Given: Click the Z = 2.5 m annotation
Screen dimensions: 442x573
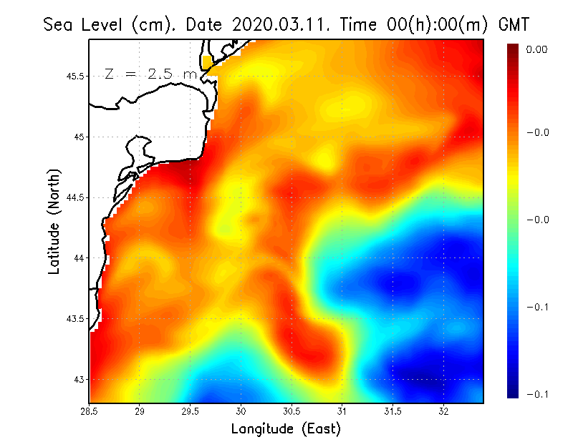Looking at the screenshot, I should click(150, 74).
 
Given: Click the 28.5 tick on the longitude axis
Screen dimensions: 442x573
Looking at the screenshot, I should click(90, 411).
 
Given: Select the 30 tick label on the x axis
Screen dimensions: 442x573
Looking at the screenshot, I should click(241, 411).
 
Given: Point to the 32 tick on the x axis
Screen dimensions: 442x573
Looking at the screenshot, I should click(444, 411).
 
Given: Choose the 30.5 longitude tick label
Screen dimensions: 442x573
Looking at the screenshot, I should click(292, 411).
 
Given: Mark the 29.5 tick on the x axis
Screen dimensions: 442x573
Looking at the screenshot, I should click(191, 411).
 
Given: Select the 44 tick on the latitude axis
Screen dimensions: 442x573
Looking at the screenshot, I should click(79, 257).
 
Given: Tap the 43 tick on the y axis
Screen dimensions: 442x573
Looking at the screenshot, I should click(79, 379).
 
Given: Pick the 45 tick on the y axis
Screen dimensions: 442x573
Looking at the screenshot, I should click(79, 137).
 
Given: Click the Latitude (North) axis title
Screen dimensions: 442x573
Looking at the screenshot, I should click(54, 221).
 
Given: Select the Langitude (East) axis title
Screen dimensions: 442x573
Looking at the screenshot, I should click(285, 429).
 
